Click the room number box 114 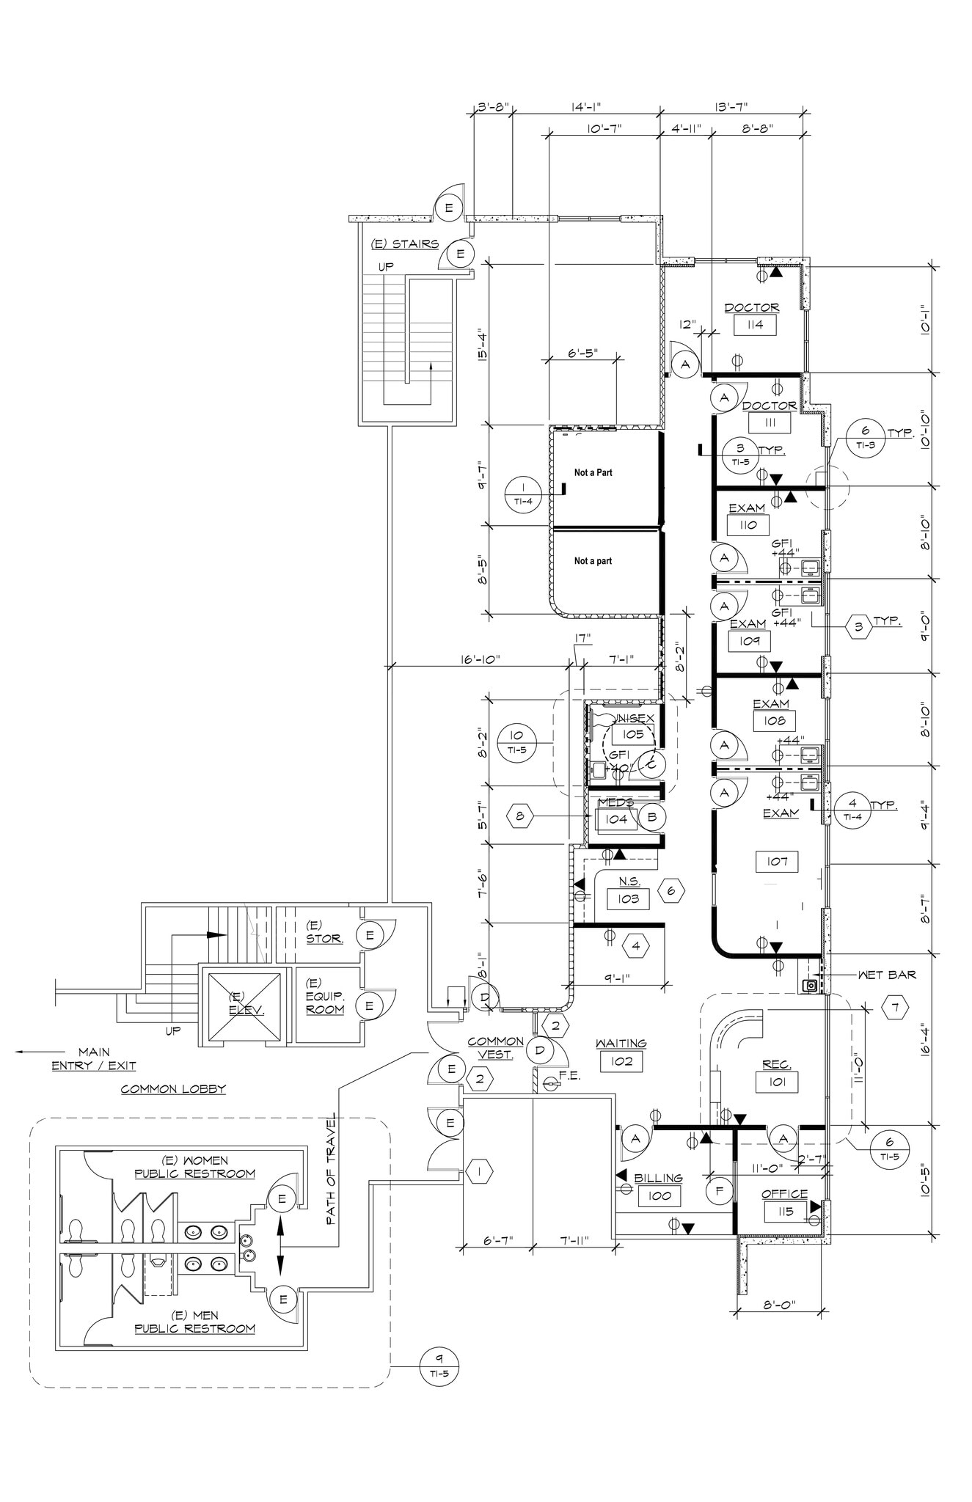point(755,325)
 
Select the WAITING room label point(621,1043)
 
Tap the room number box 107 point(777,861)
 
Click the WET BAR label point(886,975)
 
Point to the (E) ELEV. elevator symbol point(241,1005)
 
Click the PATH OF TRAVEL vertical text point(331,1169)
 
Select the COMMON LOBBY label point(173,1089)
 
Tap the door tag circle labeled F point(720,1191)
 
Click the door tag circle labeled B point(651,816)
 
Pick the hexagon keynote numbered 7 point(894,1008)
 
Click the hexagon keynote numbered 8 point(520,816)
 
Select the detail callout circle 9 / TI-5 point(439,1367)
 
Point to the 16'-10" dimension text point(480,659)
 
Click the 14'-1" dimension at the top point(585,107)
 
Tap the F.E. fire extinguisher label point(569,1075)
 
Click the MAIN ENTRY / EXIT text point(93,1059)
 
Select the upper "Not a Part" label point(593,472)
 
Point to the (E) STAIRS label point(405,244)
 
